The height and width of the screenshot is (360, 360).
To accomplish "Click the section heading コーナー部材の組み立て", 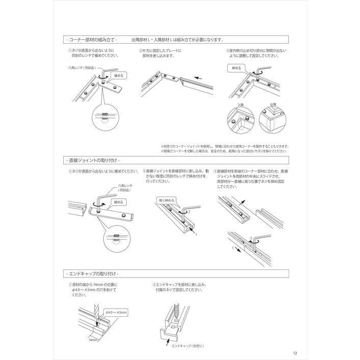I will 92,39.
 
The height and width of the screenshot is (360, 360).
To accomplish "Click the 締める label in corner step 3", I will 237,68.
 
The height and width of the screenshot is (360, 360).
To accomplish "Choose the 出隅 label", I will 272,105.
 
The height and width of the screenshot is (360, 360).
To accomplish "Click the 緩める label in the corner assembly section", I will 118,75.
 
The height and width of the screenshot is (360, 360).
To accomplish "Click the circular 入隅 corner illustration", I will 240,121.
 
